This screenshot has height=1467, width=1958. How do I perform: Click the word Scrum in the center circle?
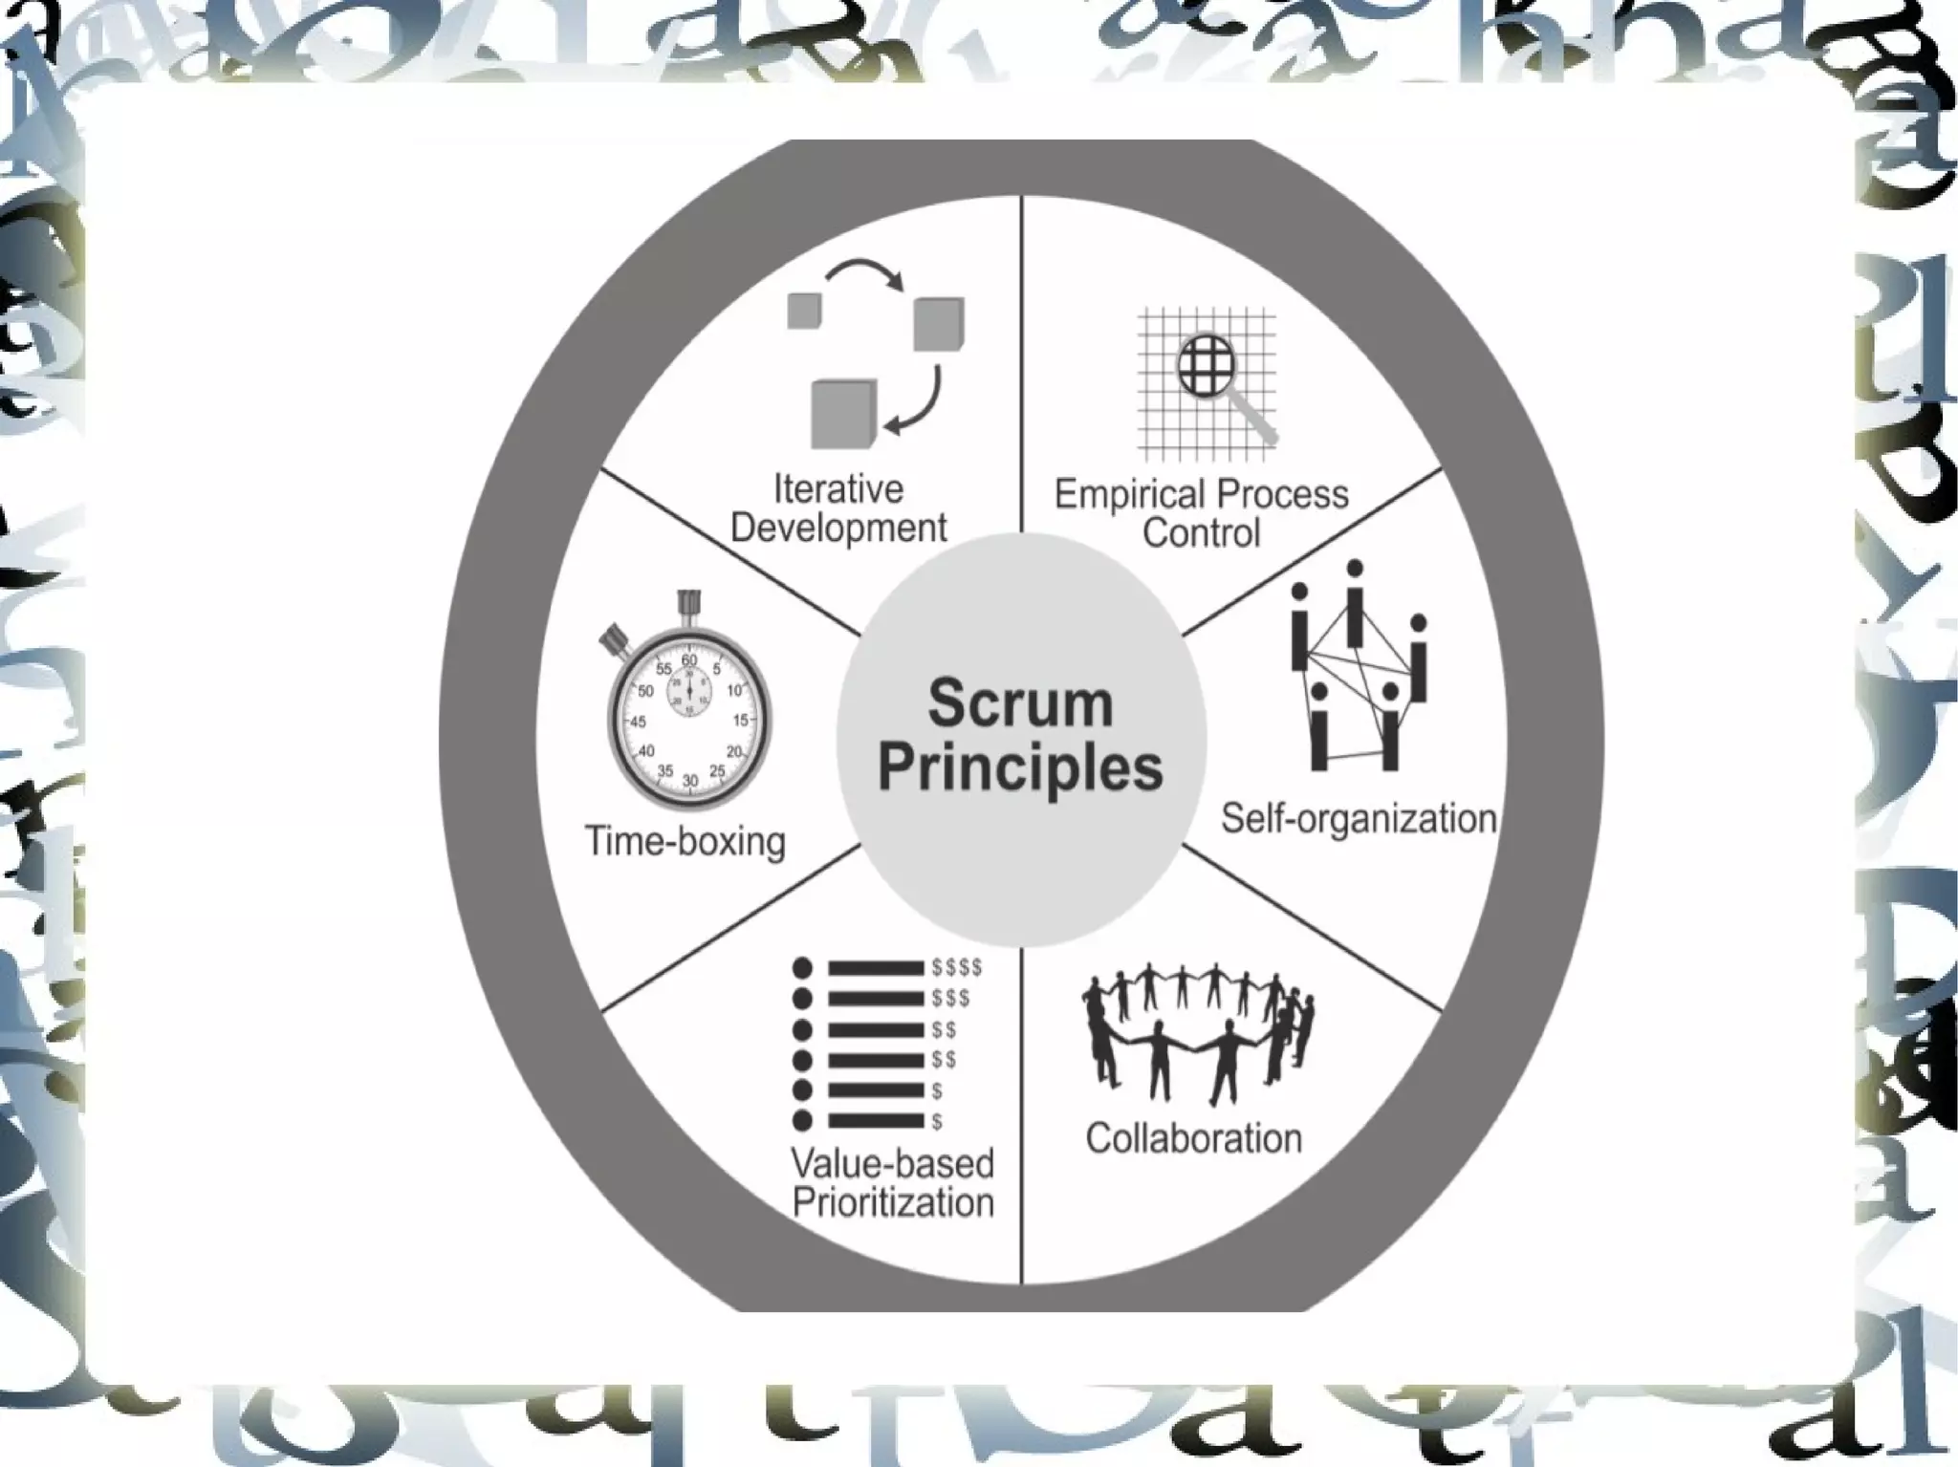coord(1020,703)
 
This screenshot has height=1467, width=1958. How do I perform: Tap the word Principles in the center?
coord(1020,767)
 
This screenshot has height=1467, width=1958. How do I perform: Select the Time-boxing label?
coord(685,842)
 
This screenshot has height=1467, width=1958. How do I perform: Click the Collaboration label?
coord(1193,1138)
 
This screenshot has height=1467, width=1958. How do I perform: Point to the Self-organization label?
coord(1358,819)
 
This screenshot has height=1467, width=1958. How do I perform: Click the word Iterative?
coord(838,489)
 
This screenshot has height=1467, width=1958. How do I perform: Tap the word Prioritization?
coord(893,1202)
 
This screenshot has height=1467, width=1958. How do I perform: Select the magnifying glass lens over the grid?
coord(1207,365)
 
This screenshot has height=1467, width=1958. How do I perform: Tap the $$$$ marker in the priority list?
coord(957,968)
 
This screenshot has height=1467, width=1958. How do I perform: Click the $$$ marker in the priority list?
coord(950,999)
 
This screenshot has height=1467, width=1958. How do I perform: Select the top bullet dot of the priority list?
coord(803,968)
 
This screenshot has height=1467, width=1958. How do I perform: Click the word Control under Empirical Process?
coord(1201,533)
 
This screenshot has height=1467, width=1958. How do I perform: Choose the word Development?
coord(838,528)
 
